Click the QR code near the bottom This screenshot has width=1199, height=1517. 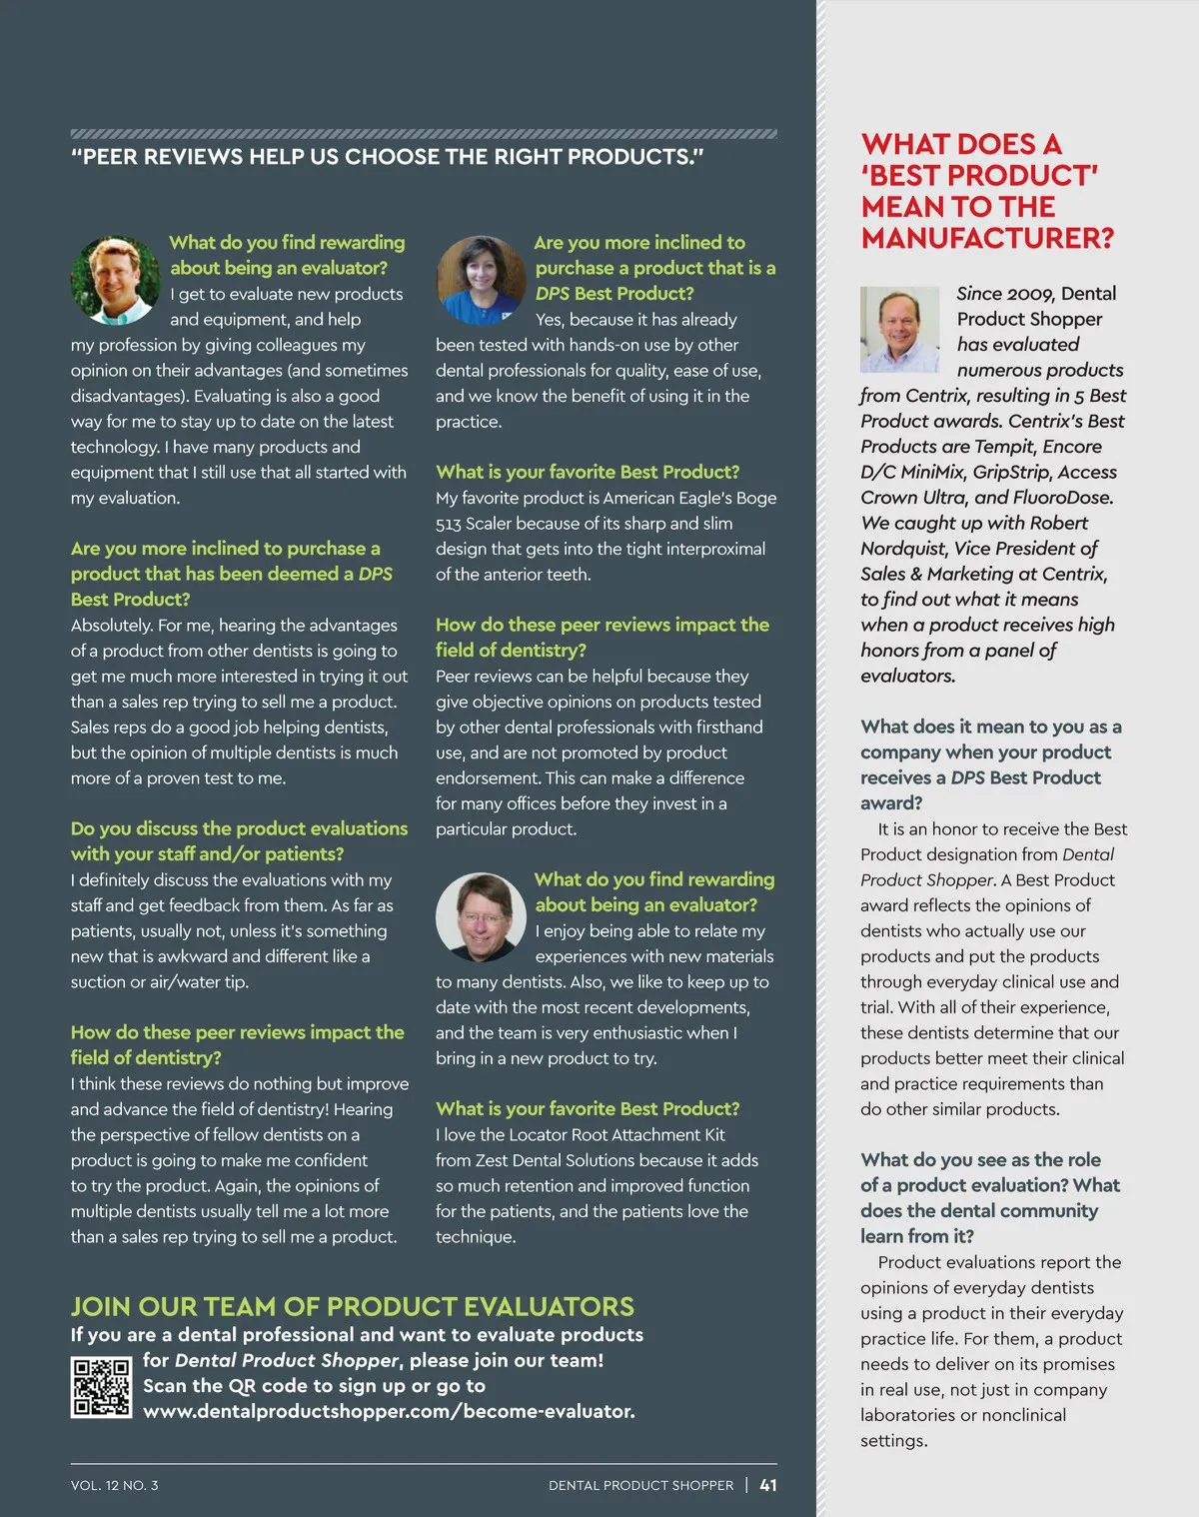101,1386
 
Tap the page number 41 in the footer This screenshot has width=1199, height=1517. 768,1485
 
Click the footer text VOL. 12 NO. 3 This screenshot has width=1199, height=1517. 115,1485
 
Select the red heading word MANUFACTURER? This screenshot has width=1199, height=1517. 987,238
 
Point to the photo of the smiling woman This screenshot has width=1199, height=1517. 481,280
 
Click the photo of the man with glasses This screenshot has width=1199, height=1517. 481,916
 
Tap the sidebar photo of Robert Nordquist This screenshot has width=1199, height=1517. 900,329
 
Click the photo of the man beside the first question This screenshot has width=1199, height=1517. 115,280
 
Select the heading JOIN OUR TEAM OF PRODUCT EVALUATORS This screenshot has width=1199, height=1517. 352,1306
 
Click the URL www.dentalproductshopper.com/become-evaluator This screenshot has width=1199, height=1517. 389,1411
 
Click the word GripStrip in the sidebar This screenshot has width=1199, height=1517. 1009,472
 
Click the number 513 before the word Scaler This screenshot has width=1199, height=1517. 448,524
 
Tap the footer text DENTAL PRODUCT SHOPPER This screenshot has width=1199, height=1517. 640,1485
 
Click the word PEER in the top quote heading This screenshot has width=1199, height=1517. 112,157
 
